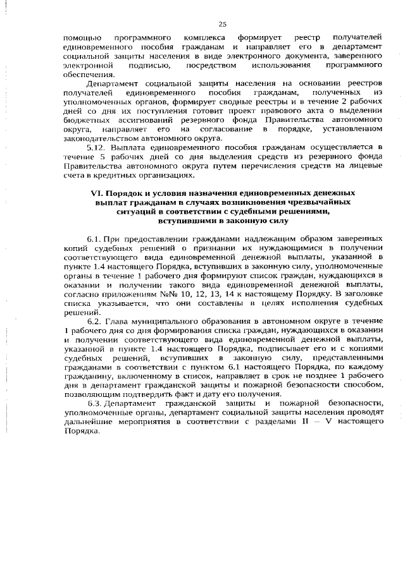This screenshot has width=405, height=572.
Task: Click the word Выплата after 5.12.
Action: click(x=125, y=147)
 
